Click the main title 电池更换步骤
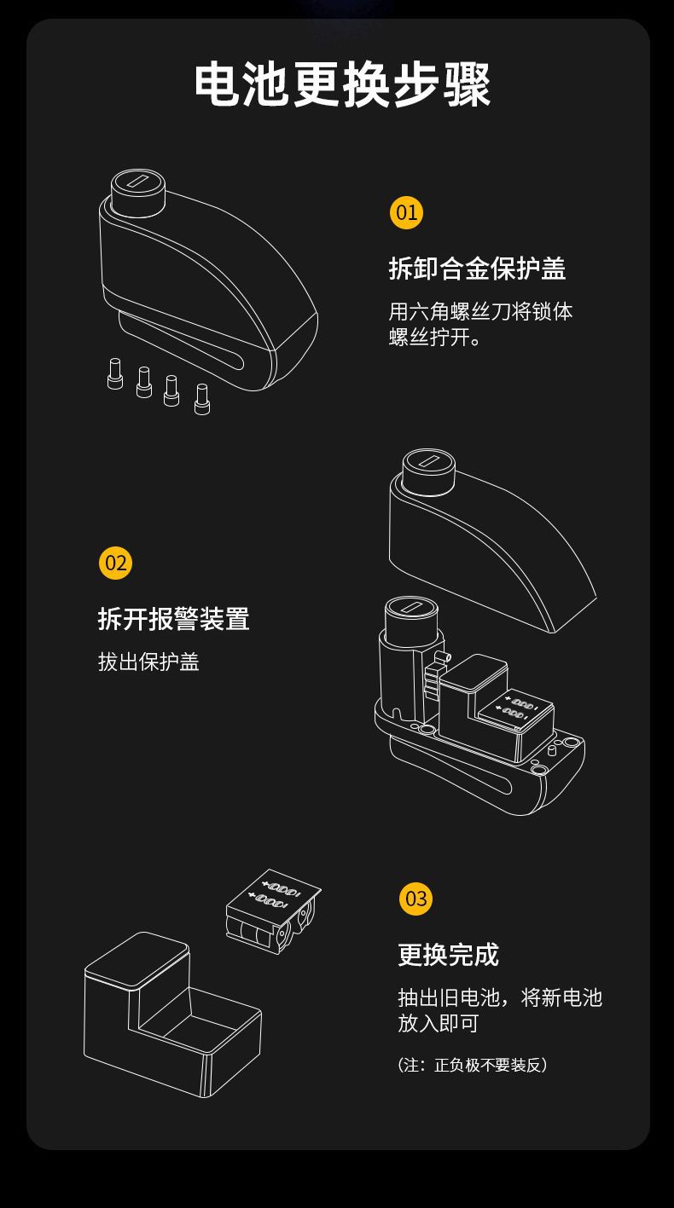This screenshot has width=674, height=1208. point(343,85)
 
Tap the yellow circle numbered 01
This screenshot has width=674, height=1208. point(406,211)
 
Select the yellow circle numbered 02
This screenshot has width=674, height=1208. point(115,563)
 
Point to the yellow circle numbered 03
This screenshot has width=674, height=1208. point(415,899)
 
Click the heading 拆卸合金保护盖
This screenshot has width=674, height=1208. point(477,269)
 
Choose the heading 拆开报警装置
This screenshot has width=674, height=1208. point(173,619)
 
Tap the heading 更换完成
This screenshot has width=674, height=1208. point(448,955)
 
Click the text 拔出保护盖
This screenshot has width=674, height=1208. point(148,662)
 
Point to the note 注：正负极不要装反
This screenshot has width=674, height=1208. point(472,1065)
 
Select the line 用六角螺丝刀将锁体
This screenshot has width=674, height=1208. point(480,311)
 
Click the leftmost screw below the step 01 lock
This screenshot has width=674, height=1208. point(115,374)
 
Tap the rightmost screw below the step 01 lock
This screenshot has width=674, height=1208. point(202,399)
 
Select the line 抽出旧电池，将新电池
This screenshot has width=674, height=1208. point(500,997)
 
